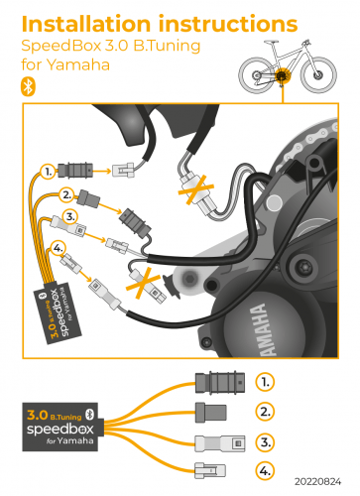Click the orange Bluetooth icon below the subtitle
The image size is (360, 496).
(x=28, y=86)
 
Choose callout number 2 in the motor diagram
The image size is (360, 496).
(x=66, y=193)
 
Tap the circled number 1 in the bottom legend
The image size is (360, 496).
(x=265, y=381)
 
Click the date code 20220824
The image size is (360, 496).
(x=323, y=487)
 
